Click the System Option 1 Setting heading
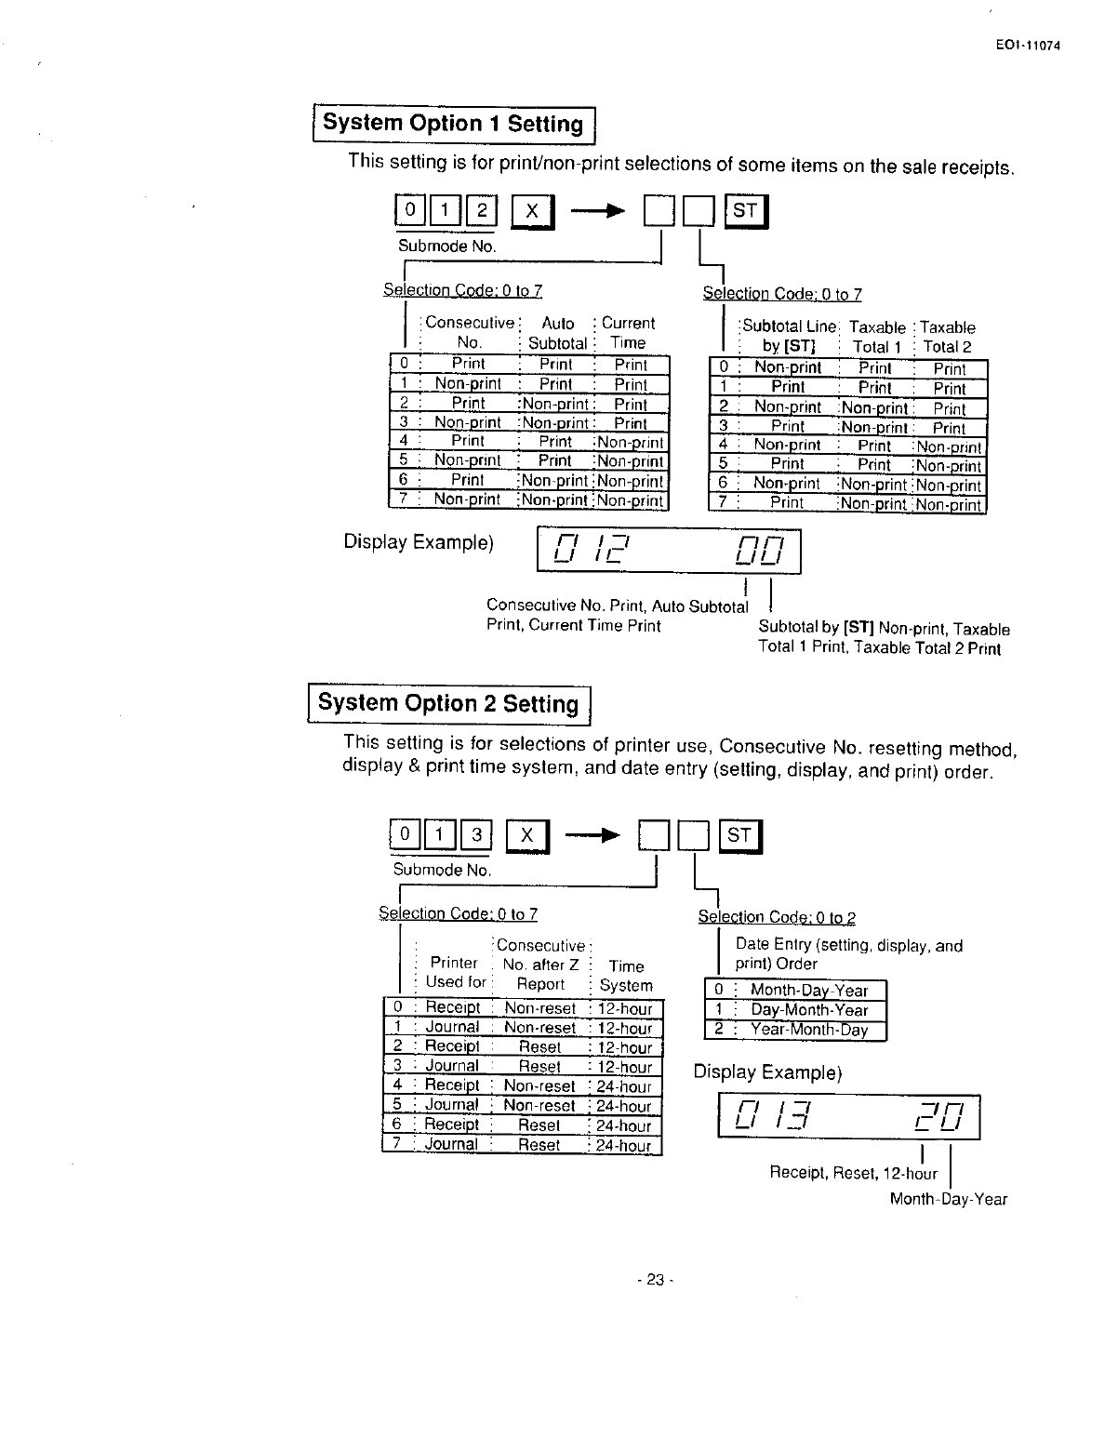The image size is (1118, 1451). click(x=453, y=124)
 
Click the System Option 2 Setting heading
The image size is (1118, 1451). click(x=449, y=703)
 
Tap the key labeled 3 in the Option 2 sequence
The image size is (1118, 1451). click(x=476, y=835)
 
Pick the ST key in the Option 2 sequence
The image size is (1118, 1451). click(x=740, y=836)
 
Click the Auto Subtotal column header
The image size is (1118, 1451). click(x=557, y=333)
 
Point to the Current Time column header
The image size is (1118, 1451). click(x=628, y=333)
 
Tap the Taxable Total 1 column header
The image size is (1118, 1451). click(x=876, y=337)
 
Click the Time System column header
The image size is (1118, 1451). click(x=626, y=976)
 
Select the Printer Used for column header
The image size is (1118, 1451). click(x=455, y=972)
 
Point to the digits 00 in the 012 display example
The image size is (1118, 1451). click(x=760, y=552)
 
